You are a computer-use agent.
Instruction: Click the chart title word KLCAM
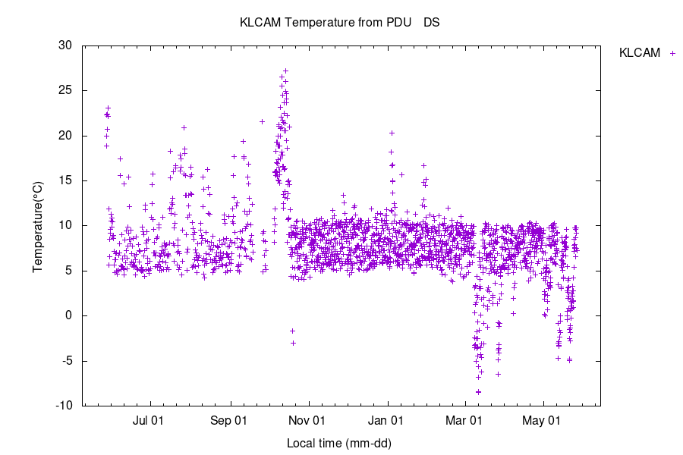click(x=259, y=23)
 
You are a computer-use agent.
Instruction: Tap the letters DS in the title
click(x=432, y=23)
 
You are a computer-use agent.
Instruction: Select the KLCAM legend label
click(x=640, y=53)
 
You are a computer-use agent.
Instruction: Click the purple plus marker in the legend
click(x=672, y=53)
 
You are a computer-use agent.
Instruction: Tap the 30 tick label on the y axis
click(x=65, y=45)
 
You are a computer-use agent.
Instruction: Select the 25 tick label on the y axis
click(x=65, y=90)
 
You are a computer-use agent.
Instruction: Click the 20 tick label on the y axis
click(x=65, y=136)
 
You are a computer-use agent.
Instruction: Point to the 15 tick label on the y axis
click(x=65, y=180)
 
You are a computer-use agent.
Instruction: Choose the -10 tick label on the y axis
click(x=63, y=406)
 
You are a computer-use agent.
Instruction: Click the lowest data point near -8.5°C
click(x=478, y=392)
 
